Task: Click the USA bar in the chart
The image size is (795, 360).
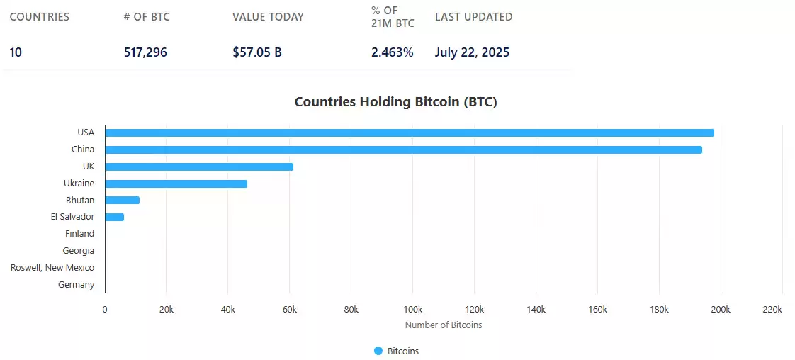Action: coord(410,133)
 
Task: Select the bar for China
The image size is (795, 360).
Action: coord(403,150)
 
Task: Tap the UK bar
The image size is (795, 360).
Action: coord(199,167)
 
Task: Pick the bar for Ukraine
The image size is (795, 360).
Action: coord(176,184)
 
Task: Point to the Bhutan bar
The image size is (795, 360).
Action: coord(122,200)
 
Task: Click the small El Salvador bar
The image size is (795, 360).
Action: coord(114,217)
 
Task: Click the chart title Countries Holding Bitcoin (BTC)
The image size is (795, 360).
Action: coord(395,102)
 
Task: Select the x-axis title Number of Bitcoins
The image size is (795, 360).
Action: coord(444,325)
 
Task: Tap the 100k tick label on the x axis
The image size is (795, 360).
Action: coord(412,310)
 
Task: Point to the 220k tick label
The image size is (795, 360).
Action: coord(772,310)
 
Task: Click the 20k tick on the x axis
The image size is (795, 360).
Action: coord(166,310)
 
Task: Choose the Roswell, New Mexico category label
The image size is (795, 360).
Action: coord(52,268)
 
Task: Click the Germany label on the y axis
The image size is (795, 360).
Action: coord(76,285)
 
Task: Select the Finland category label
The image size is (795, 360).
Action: coord(79,234)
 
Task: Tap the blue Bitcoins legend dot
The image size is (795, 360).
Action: coord(378,351)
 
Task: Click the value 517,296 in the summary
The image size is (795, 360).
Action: coord(145,52)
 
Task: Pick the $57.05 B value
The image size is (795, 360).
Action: coord(256,52)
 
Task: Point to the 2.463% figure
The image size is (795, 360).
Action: coord(392,52)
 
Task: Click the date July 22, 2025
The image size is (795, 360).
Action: coord(472,52)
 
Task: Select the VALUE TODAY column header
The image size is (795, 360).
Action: coord(268,17)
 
